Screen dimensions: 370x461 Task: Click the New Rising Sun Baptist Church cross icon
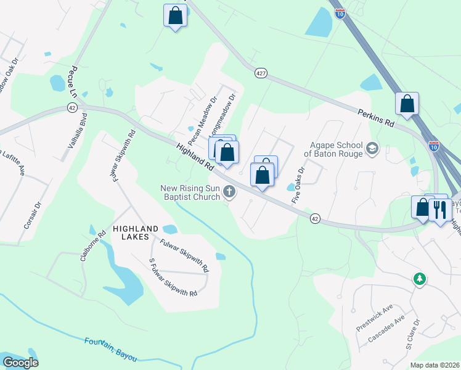coord(229,192)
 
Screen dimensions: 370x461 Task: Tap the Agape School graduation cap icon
coord(372,149)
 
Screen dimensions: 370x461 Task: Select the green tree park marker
coord(420,279)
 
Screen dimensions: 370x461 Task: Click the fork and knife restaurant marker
coord(440,209)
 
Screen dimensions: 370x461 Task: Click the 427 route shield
coord(261,73)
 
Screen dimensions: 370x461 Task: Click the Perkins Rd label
coord(375,118)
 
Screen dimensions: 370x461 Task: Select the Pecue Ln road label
coord(75,81)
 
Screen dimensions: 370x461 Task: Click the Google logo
coord(20,363)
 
